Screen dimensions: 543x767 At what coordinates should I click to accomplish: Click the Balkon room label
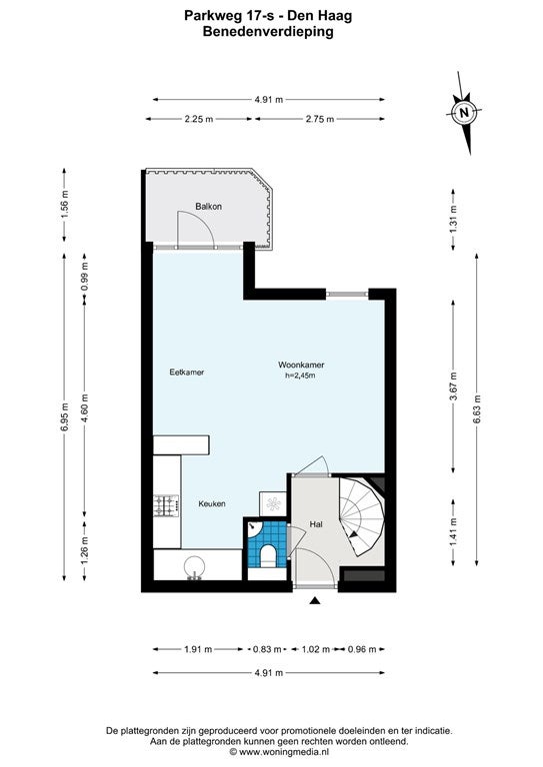pyautogui.click(x=209, y=207)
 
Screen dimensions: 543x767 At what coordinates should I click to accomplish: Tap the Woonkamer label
pyautogui.click(x=301, y=365)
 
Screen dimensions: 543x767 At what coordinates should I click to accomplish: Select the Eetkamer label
pyautogui.click(x=187, y=373)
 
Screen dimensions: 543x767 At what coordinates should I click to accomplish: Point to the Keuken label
pyautogui.click(x=212, y=503)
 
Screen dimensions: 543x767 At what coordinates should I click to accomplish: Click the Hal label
pyautogui.click(x=316, y=524)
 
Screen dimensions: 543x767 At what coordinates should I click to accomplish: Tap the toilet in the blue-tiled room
pyautogui.click(x=268, y=555)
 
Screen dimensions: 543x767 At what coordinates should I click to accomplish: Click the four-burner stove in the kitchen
pyautogui.click(x=166, y=505)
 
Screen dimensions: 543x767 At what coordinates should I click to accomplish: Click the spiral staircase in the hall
pyautogui.click(x=362, y=516)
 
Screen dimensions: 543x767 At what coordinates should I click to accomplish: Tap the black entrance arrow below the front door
pyautogui.click(x=315, y=600)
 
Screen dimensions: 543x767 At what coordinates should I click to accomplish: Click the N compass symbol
pyautogui.click(x=464, y=113)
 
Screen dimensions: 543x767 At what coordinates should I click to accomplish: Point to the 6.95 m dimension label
pyautogui.click(x=65, y=417)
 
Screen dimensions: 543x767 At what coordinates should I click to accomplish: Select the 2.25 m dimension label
pyautogui.click(x=199, y=119)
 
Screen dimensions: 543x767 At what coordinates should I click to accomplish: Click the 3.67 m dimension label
pyautogui.click(x=454, y=386)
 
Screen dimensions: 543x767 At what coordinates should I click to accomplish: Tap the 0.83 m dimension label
pyautogui.click(x=267, y=649)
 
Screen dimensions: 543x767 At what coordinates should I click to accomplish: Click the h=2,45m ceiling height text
pyautogui.click(x=300, y=376)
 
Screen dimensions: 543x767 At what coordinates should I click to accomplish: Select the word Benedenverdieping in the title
pyautogui.click(x=268, y=32)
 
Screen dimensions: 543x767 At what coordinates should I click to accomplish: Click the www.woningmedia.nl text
pyautogui.click(x=284, y=751)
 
